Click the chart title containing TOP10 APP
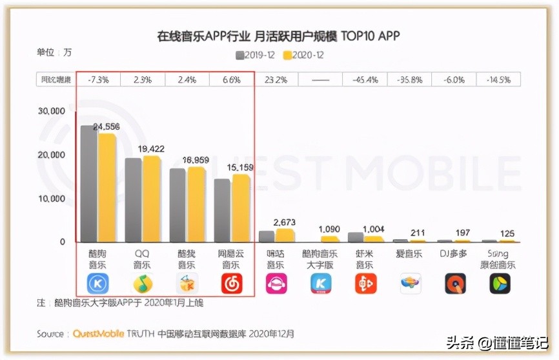coord(278,36)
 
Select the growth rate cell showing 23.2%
coord(276,80)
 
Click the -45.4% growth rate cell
coord(365,80)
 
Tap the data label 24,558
coord(107,127)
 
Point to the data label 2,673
coord(285,222)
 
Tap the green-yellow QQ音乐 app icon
coord(143,283)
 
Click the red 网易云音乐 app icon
coord(232,283)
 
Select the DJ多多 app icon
coord(455,283)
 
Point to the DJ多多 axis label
coord(455,254)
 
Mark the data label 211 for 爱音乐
coord(418,233)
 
